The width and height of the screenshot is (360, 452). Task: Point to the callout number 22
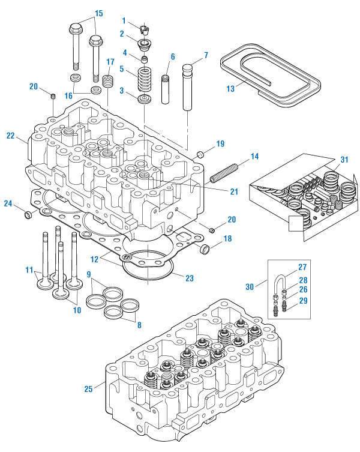coord(10,136)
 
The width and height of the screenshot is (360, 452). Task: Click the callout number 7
coord(206,56)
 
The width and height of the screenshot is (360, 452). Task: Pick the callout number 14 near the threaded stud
coord(254,156)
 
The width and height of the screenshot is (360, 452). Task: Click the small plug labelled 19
coord(200,155)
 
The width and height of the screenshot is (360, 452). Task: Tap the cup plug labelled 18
coord(205,248)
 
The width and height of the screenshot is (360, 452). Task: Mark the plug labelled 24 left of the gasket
coord(27,214)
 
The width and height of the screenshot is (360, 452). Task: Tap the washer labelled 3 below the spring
coord(144,98)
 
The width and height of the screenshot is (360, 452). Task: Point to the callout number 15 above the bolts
coord(99,13)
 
